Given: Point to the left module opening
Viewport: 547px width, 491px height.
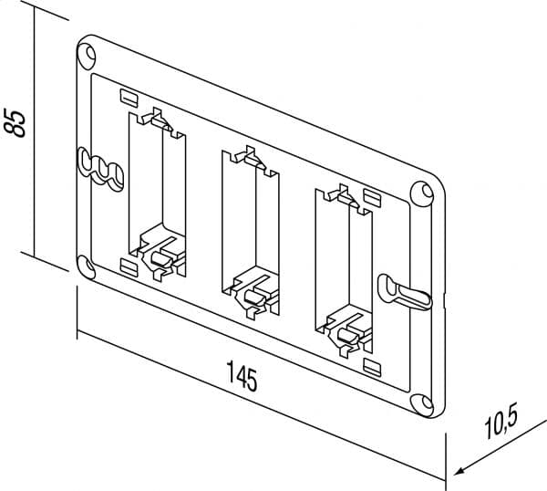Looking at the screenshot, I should pos(153,183).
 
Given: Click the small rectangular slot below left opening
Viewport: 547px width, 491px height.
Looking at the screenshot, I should pos(129,266).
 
